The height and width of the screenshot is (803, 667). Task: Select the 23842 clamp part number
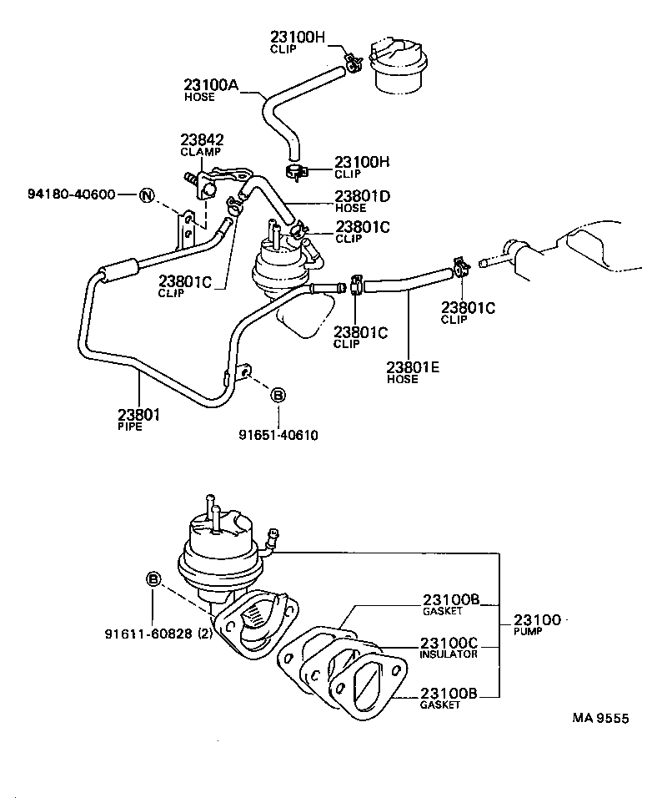coord(202,140)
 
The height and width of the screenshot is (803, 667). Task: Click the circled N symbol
coord(147,196)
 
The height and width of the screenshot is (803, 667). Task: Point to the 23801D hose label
coord(363,196)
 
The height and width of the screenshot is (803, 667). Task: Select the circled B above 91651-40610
coord(278,395)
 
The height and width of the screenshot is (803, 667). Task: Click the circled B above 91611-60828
coord(153,579)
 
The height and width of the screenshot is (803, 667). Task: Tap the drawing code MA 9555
coord(599,718)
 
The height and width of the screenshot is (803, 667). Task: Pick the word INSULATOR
coord(449,654)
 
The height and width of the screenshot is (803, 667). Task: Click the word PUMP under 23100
coord(528,632)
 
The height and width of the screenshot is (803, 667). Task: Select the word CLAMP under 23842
coord(200,152)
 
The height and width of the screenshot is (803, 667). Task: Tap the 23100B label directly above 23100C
coord(450,600)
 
